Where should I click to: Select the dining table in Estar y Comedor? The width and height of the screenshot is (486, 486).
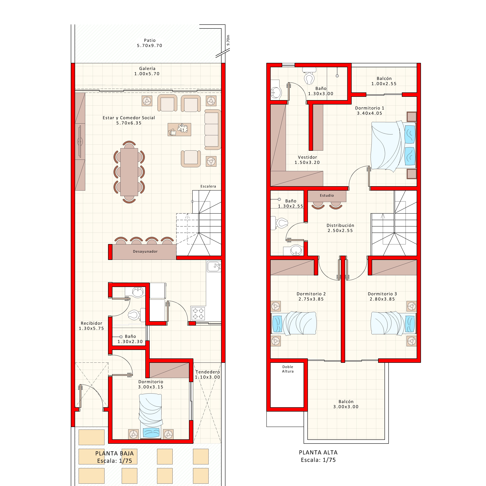[129, 172]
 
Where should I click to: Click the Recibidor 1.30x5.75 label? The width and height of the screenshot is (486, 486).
[91, 326]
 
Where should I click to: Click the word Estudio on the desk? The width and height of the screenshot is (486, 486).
[327, 195]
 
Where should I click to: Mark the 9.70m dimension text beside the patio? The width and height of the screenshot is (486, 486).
[228, 40]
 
